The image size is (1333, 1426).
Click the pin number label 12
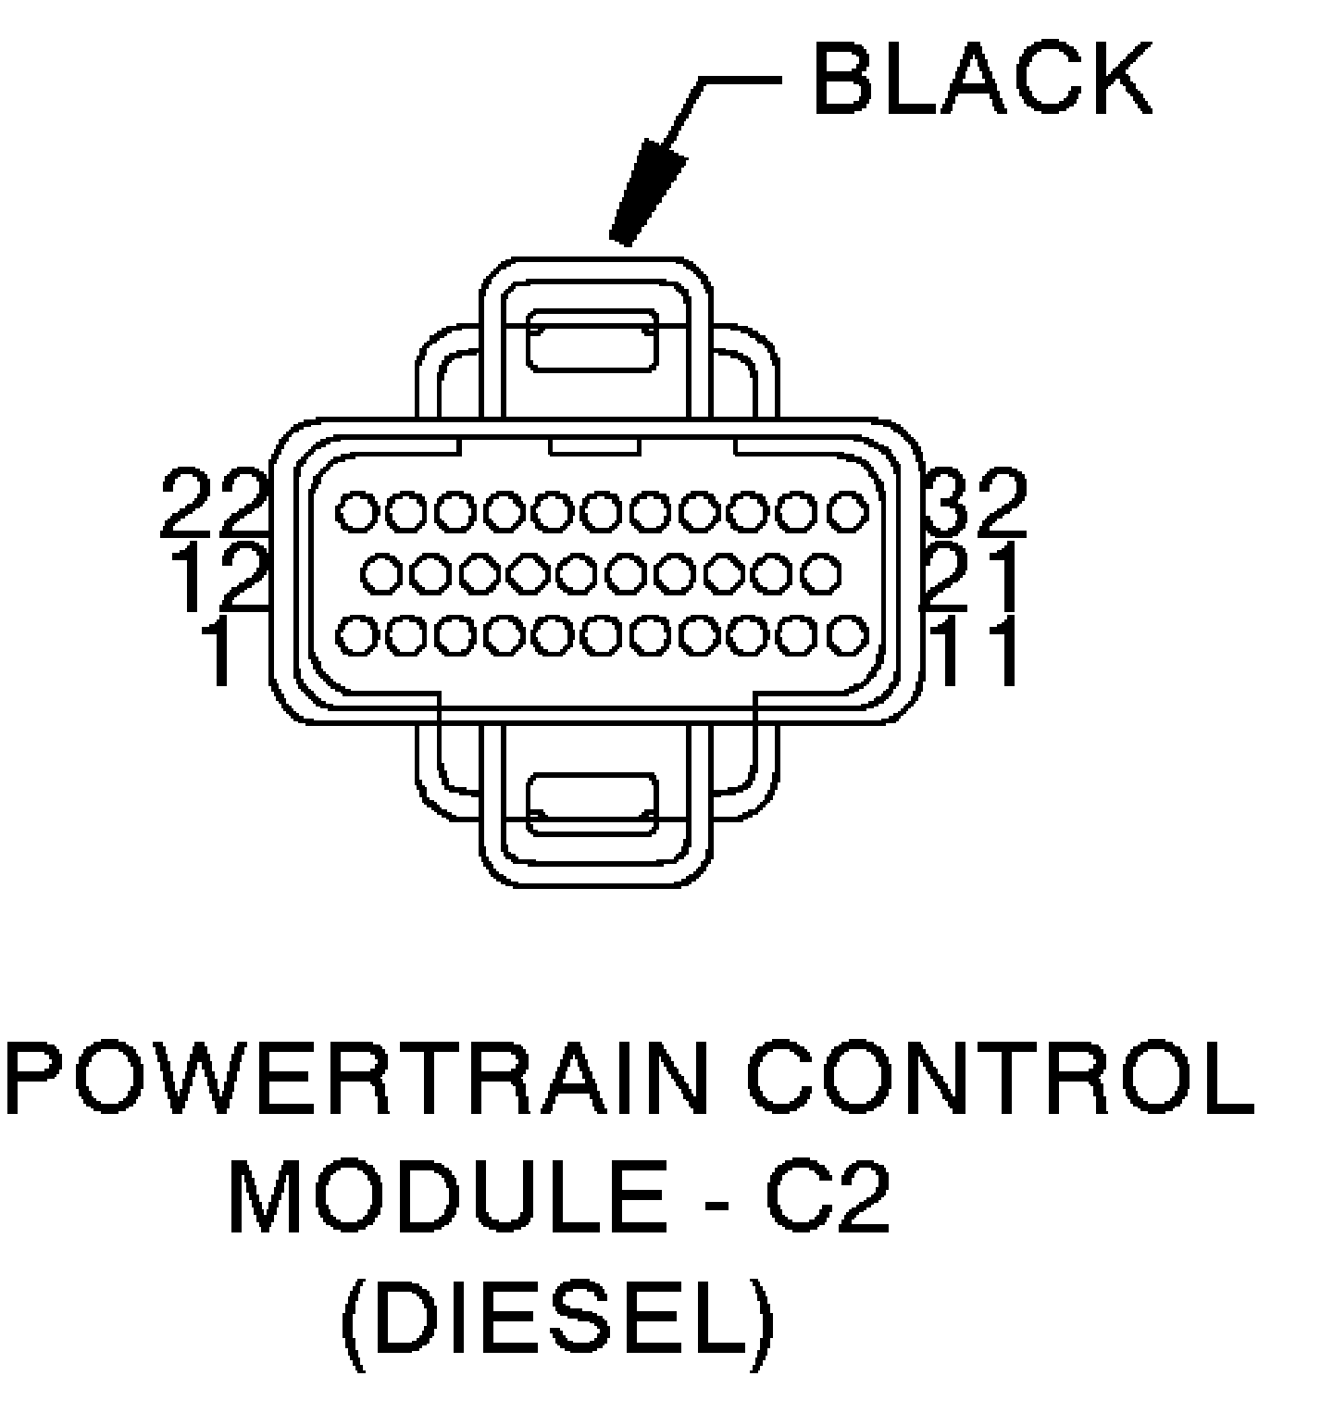coord(220,577)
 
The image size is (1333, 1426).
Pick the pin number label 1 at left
coord(220,653)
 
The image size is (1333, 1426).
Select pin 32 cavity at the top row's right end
coord(847,512)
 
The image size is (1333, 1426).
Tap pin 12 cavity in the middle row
coord(380,574)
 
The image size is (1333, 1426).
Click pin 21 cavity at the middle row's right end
coord(820,574)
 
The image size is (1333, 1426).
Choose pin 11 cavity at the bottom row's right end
coord(847,636)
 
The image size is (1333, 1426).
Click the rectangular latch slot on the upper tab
coord(592,341)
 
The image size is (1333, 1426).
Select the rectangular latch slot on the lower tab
coord(592,804)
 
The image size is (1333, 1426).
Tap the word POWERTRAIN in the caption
coord(356,1079)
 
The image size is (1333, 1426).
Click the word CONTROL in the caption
coord(1000,1079)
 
